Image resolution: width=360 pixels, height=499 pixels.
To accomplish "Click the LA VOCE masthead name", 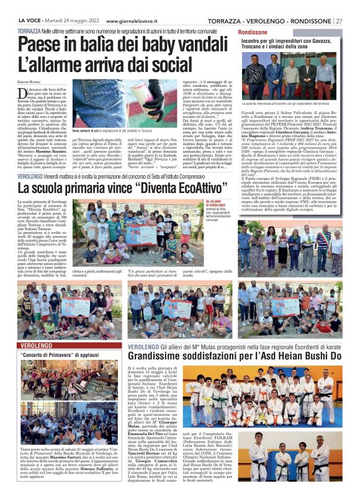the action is tap(29, 21).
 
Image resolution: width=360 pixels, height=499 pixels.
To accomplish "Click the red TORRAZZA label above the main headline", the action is tap(29, 30).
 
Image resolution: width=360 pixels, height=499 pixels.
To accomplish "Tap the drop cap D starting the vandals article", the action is tap(23, 92).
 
